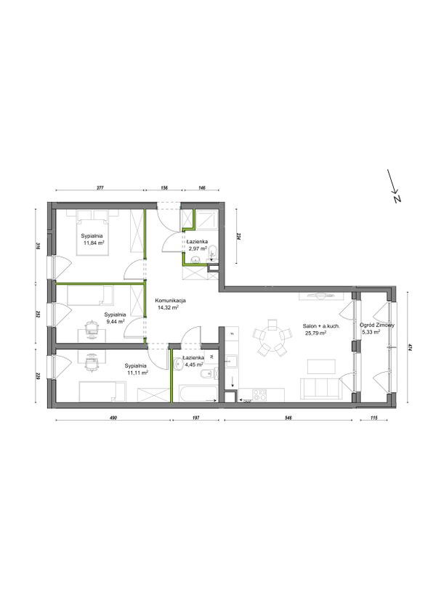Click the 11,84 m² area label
coord(94,243)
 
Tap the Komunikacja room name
coord(170,301)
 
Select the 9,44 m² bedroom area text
coord(116,321)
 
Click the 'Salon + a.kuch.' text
coord(321,326)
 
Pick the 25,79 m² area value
coord(315,333)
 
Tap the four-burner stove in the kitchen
coord(259,394)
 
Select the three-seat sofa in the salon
coord(321,389)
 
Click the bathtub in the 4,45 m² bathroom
coord(198,394)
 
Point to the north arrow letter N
coord(397,198)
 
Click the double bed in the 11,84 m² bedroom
coord(92,232)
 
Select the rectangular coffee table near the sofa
coord(321,366)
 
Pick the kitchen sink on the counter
coord(231,361)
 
